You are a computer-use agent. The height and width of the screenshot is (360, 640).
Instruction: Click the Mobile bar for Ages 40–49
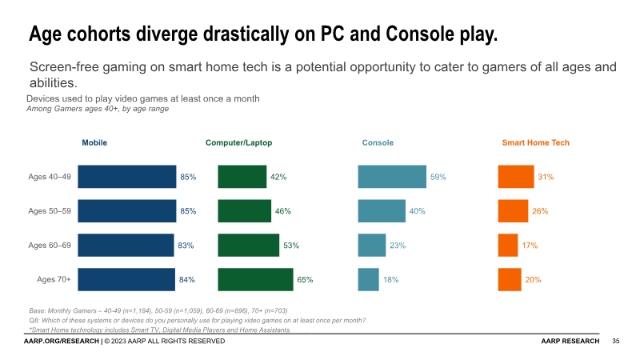126,177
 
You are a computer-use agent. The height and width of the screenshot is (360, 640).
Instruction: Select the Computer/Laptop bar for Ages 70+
255,280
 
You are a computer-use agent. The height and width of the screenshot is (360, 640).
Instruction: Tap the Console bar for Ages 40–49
392,177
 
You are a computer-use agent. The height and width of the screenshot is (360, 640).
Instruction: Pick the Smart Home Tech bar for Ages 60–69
507,246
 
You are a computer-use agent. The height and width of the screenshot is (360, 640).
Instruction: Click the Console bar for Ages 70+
368,280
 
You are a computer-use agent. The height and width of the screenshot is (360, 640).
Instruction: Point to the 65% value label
305,280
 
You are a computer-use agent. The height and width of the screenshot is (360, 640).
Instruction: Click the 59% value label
438,177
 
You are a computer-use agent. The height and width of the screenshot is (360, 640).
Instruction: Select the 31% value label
546,177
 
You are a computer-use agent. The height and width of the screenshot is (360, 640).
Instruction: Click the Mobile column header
94,143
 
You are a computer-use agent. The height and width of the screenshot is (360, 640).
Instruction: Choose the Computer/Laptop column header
238,143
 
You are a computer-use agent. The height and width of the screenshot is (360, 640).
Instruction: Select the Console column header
378,143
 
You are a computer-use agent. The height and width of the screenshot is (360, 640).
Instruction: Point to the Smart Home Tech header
535,143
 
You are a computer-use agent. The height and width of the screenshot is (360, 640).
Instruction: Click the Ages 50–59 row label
50,211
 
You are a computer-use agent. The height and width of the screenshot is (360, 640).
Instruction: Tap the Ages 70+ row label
54,280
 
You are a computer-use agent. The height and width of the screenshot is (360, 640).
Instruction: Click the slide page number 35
616,342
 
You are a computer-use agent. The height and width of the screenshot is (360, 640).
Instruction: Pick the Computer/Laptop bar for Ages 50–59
244,211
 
